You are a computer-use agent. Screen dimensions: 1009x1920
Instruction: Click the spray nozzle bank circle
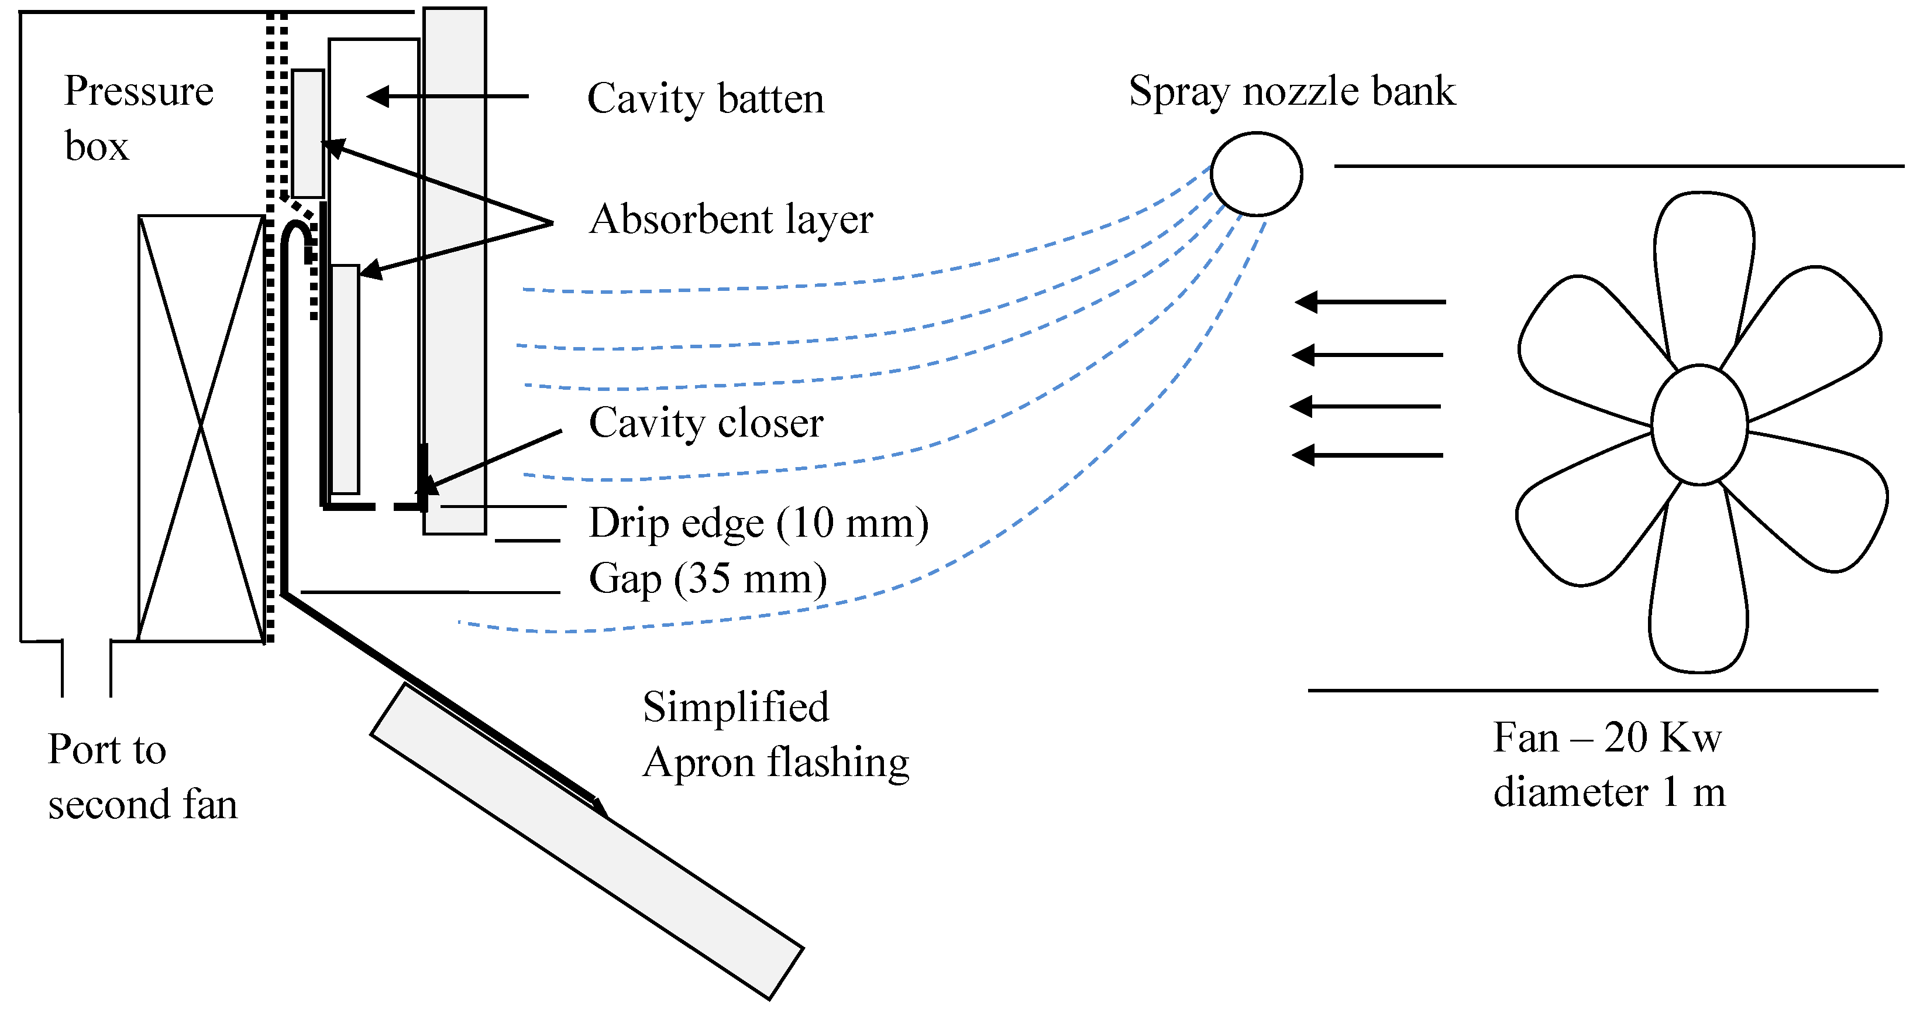pyautogui.click(x=1256, y=174)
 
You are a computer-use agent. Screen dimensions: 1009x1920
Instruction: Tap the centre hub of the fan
pyautogui.click(x=1699, y=425)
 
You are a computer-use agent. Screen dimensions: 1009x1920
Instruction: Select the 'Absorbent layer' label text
pyautogui.click(x=731, y=220)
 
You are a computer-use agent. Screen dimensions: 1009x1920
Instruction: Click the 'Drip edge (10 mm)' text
pyautogui.click(x=758, y=523)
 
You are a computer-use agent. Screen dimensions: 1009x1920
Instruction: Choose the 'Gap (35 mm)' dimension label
pyautogui.click(x=707, y=579)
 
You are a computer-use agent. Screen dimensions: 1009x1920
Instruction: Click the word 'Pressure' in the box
pyautogui.click(x=139, y=91)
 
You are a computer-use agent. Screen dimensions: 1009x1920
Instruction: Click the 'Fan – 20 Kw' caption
pyautogui.click(x=1607, y=737)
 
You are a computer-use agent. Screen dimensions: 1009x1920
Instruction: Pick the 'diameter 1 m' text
pyautogui.click(x=1608, y=792)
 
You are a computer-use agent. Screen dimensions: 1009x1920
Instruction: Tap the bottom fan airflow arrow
pyautogui.click(x=1367, y=455)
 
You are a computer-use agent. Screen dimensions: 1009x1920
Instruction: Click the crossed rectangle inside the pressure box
pyautogui.click(x=201, y=428)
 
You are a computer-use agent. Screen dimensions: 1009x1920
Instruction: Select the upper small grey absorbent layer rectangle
pyautogui.click(x=308, y=133)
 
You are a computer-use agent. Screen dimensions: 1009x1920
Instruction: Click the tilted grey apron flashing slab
pyautogui.click(x=587, y=842)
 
